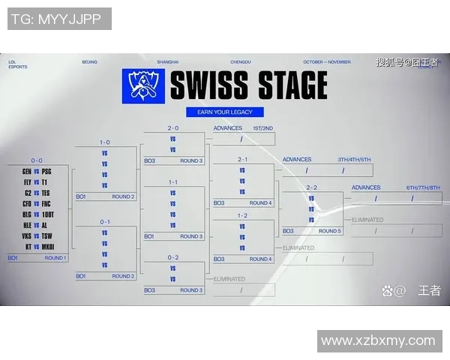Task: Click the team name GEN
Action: coord(27,171)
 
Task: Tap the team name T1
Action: coord(45,181)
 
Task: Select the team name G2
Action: coord(28,193)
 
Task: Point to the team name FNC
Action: coord(46,203)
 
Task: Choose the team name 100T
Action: coord(47,214)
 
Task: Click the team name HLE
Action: coord(27,224)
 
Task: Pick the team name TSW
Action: coord(46,235)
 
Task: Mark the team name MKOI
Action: coord(47,246)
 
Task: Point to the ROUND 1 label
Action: coord(55,258)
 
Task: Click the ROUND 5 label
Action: coord(330,231)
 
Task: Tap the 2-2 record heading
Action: coord(311,187)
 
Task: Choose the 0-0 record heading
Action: coord(37,160)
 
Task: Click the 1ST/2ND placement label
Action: coord(263,128)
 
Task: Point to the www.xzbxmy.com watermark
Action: coord(377,341)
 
